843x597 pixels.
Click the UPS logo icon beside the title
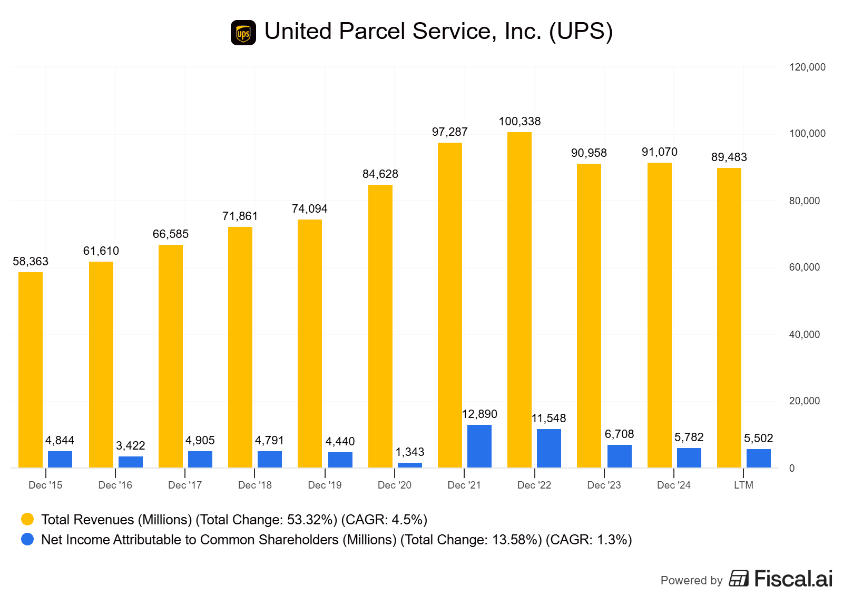pos(243,33)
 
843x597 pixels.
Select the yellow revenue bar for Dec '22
pos(519,300)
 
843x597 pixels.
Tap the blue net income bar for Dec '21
pos(479,446)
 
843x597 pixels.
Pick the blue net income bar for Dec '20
pos(410,465)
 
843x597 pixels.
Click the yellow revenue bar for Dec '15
pos(31,370)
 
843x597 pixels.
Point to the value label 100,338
pos(519,122)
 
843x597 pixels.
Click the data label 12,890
pos(479,414)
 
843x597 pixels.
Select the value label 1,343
pos(410,452)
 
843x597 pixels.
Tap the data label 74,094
pos(310,209)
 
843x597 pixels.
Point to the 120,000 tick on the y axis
pos(807,67)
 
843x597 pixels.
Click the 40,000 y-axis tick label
pos(804,335)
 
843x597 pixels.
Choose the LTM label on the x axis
pos(743,485)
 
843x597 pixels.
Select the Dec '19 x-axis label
pos(325,485)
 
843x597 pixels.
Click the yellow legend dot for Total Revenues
pos(27,520)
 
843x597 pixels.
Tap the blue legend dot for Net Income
pos(27,540)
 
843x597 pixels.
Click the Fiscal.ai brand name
pos(793,579)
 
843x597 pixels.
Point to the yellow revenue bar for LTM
pos(729,318)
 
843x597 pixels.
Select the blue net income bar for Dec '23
pos(620,456)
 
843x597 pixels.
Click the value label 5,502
pos(759,439)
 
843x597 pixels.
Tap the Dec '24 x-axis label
pos(674,485)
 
